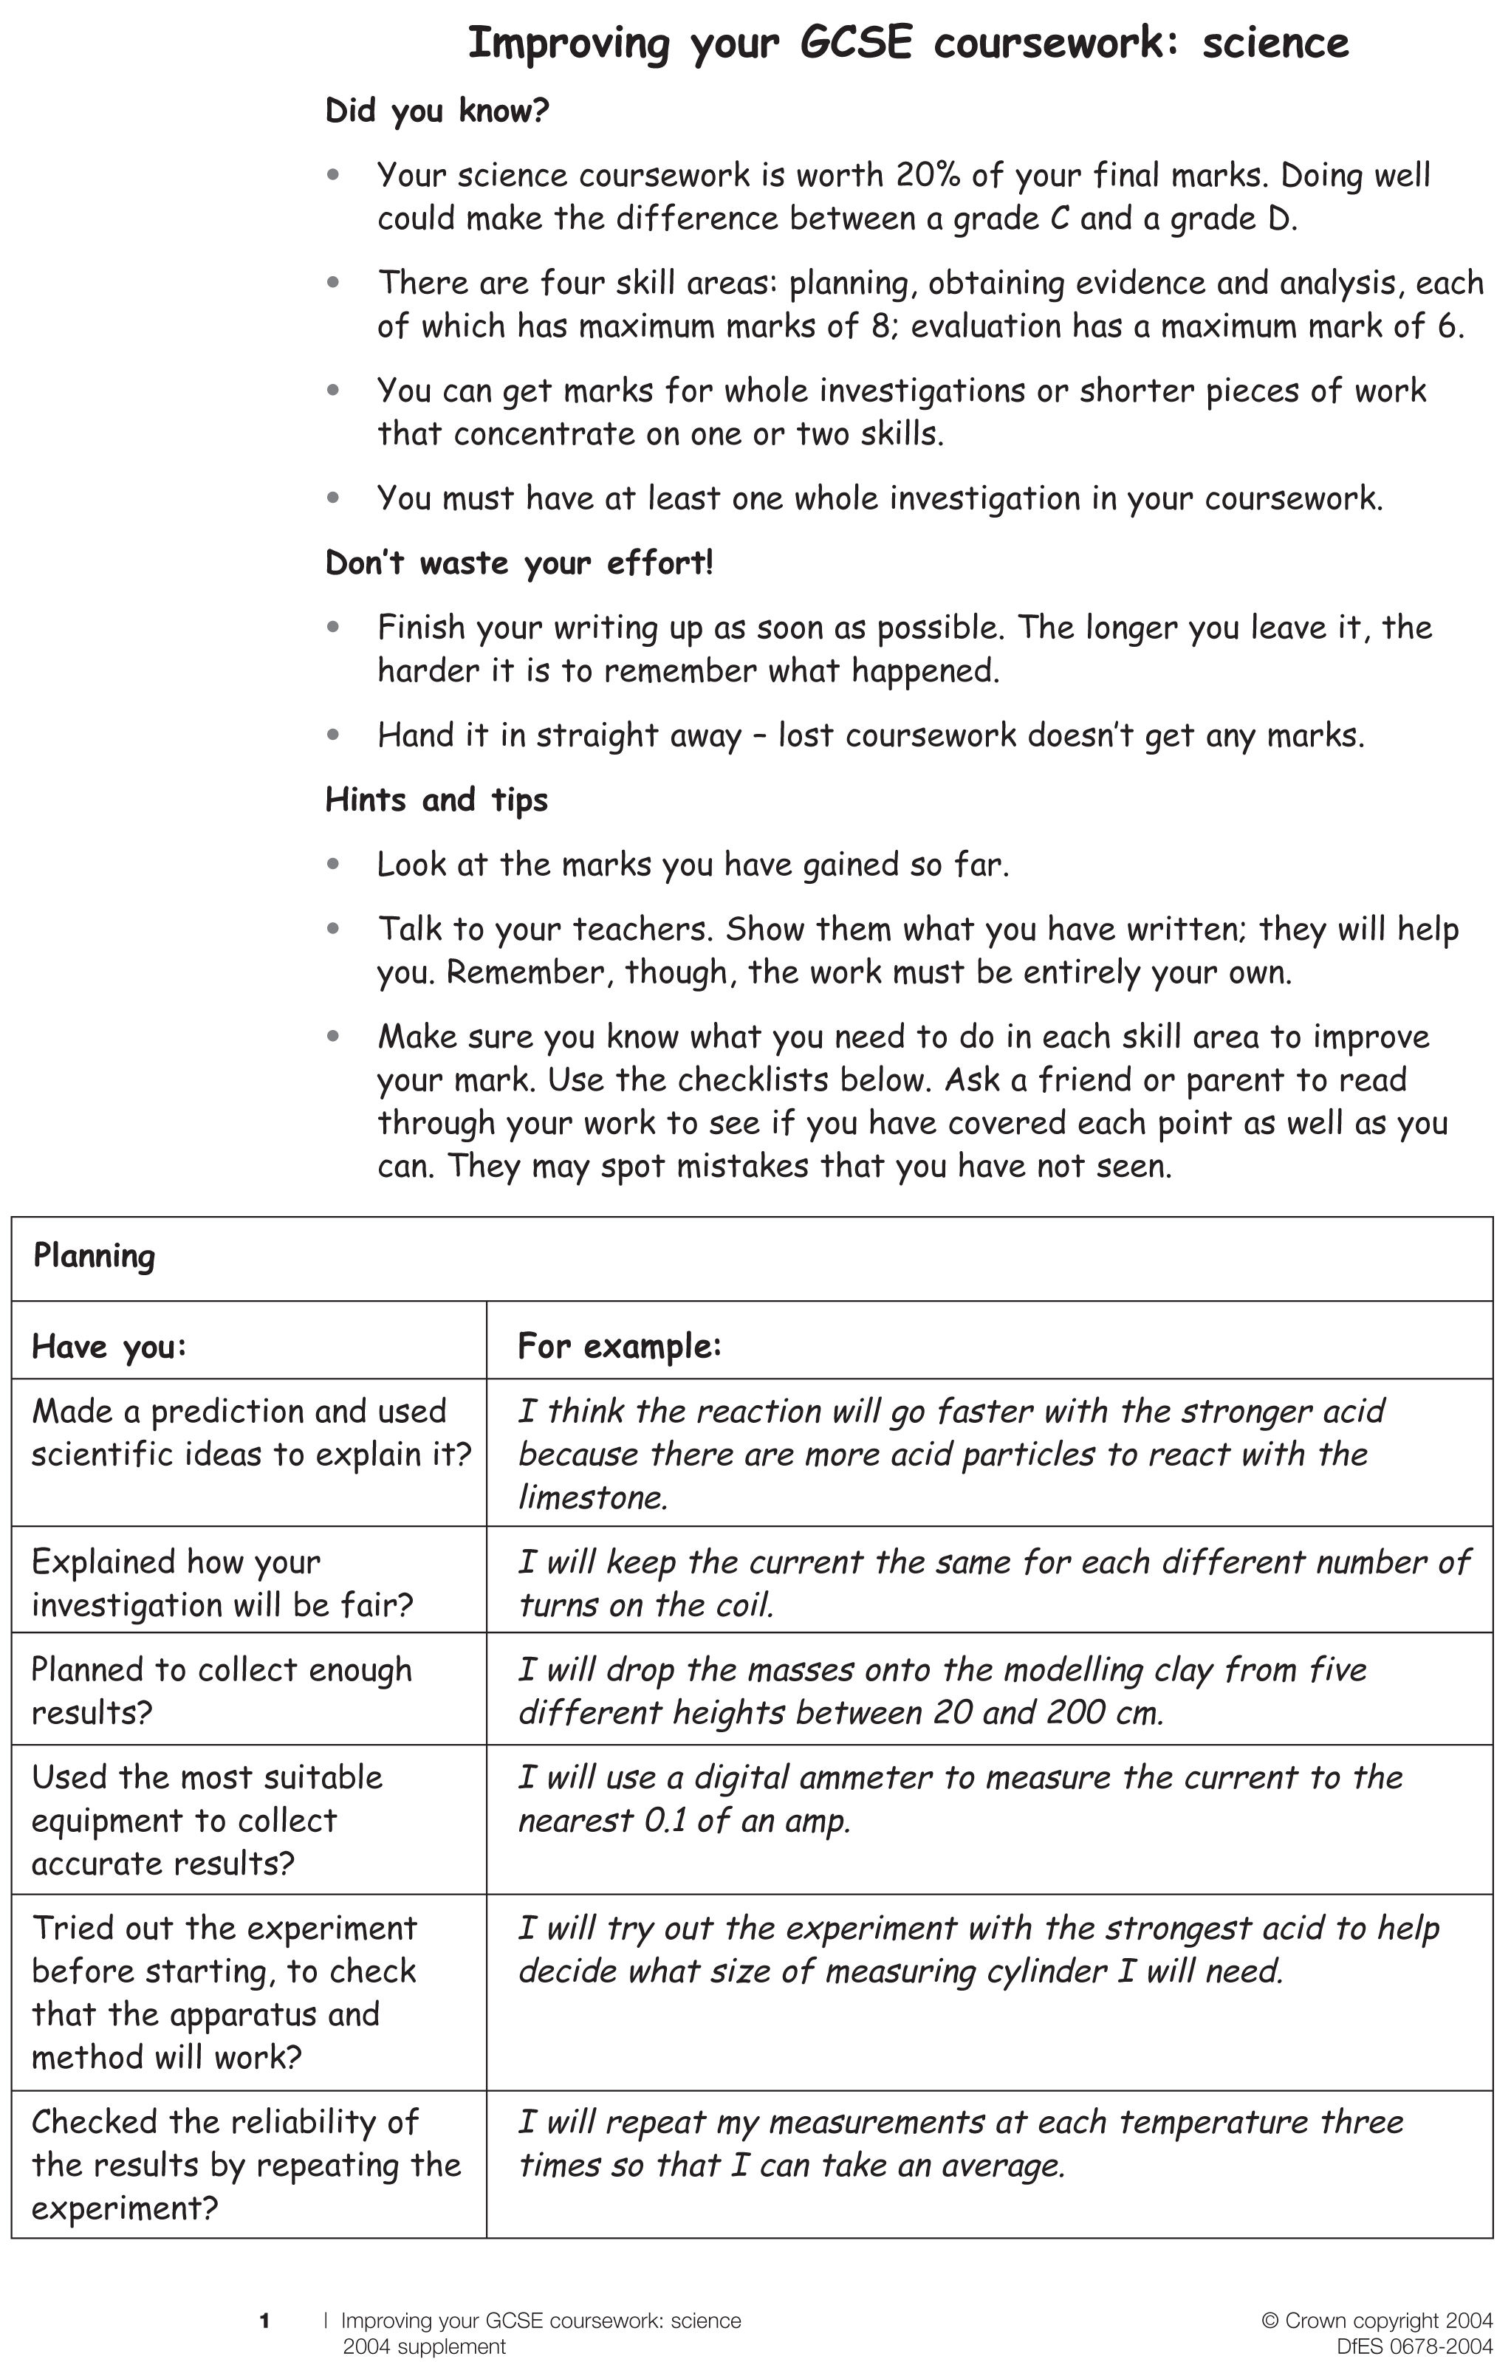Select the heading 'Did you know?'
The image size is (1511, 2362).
point(436,111)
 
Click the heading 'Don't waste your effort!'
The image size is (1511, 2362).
point(519,563)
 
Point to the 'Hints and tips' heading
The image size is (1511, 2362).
point(436,800)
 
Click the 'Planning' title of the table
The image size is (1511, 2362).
point(95,1257)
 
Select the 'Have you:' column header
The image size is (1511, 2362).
point(109,1347)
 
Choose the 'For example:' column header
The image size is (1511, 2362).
point(619,1346)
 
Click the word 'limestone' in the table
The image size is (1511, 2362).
point(592,1498)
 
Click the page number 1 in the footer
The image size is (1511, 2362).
point(264,2321)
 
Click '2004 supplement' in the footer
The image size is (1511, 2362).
point(424,2347)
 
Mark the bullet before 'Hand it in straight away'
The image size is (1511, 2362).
point(334,734)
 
